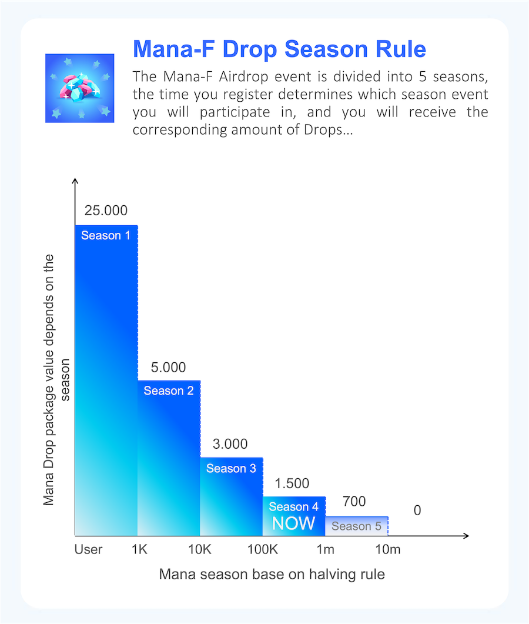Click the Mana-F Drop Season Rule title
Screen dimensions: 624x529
click(x=279, y=49)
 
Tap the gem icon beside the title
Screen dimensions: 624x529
click(x=79, y=88)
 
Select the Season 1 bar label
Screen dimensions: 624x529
click(x=106, y=236)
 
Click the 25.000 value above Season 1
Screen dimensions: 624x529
click(x=106, y=211)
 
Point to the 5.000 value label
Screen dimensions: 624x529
click(x=168, y=368)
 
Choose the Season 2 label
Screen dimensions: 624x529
click(x=169, y=391)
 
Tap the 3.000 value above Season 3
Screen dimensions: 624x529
click(x=230, y=444)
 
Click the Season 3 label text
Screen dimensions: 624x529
click(x=231, y=469)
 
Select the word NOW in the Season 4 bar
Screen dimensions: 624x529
click(x=293, y=523)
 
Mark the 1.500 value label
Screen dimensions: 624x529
click(x=292, y=484)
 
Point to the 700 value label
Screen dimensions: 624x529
click(x=354, y=502)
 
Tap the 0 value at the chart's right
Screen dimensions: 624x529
click(x=417, y=510)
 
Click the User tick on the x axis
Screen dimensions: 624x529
click(x=89, y=549)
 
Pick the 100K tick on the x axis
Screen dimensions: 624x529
click(x=262, y=549)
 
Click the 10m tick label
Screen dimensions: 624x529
click(x=388, y=549)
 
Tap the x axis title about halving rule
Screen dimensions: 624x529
click(x=272, y=575)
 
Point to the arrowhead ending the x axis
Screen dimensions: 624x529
click(x=466, y=536)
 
